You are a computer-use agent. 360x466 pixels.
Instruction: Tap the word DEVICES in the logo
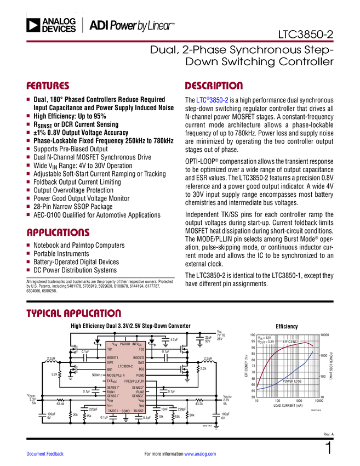click(x=59, y=29)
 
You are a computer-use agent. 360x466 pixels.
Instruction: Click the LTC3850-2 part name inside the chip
click(x=125, y=366)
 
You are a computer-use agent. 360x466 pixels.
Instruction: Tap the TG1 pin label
click(x=110, y=349)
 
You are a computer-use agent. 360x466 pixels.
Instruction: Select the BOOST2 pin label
click(x=139, y=357)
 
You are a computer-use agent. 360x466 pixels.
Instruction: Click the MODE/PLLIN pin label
click(x=116, y=375)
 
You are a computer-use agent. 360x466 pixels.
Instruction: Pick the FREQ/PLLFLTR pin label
click(x=134, y=381)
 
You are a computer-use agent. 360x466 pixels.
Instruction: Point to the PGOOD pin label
click(x=124, y=344)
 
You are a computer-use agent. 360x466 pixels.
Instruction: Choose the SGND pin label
click(x=125, y=411)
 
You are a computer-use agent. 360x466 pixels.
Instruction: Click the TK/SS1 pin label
click(x=113, y=411)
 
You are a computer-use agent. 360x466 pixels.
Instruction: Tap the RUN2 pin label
click(x=140, y=392)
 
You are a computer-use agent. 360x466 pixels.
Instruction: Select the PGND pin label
click(x=140, y=375)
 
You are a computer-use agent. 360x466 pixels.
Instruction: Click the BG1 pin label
click(x=110, y=369)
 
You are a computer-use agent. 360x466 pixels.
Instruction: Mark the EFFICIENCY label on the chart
click(x=290, y=342)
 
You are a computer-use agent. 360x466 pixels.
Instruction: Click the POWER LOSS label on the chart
click(x=292, y=380)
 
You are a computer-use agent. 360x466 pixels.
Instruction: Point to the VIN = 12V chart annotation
click(x=265, y=338)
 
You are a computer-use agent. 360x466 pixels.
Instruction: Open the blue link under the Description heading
click(x=212, y=100)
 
